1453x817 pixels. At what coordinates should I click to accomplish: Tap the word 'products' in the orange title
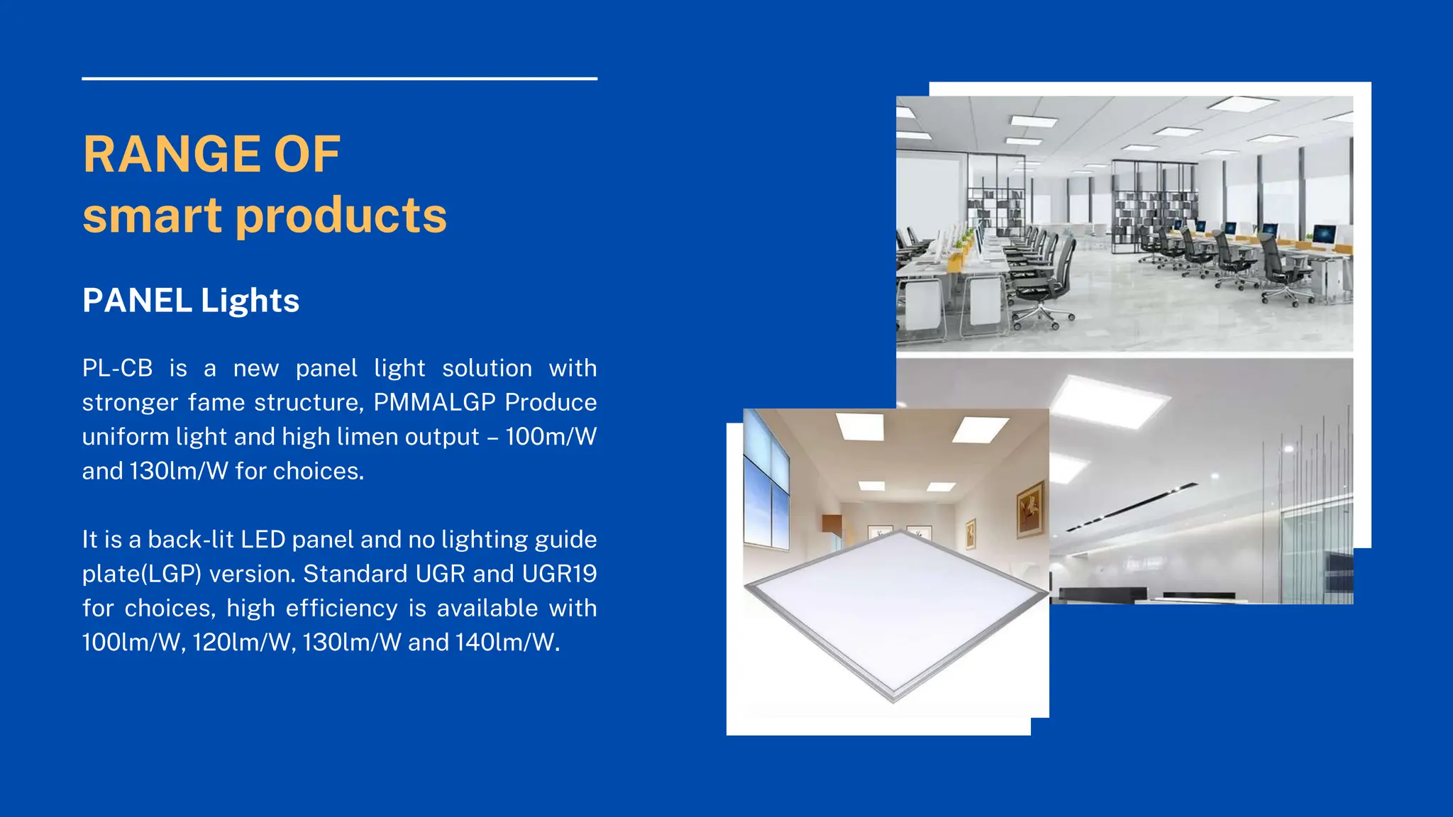pos(341,216)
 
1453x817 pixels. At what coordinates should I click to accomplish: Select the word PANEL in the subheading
pos(137,301)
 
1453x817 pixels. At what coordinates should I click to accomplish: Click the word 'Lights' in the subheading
pos(250,301)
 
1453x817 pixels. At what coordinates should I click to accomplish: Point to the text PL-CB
pos(117,368)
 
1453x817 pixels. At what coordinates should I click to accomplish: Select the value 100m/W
pos(551,437)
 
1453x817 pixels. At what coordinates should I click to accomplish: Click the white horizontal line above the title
pos(339,79)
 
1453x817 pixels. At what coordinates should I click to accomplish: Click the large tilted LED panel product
pos(895,610)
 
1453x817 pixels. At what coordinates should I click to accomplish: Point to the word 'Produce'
pos(551,402)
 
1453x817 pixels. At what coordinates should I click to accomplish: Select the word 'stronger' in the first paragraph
pos(130,402)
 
